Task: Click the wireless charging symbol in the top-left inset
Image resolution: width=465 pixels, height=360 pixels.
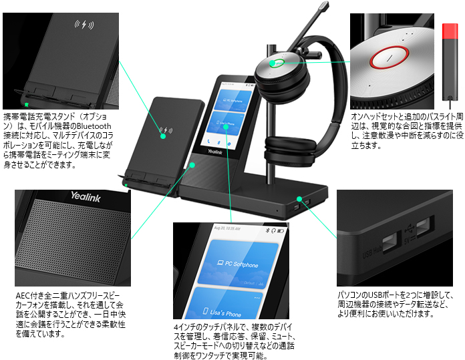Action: [84, 25]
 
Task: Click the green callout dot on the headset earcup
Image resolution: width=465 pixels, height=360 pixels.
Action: [273, 65]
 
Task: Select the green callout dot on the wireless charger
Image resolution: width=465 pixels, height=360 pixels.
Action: [164, 135]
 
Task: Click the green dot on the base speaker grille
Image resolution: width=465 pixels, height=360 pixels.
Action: [192, 164]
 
